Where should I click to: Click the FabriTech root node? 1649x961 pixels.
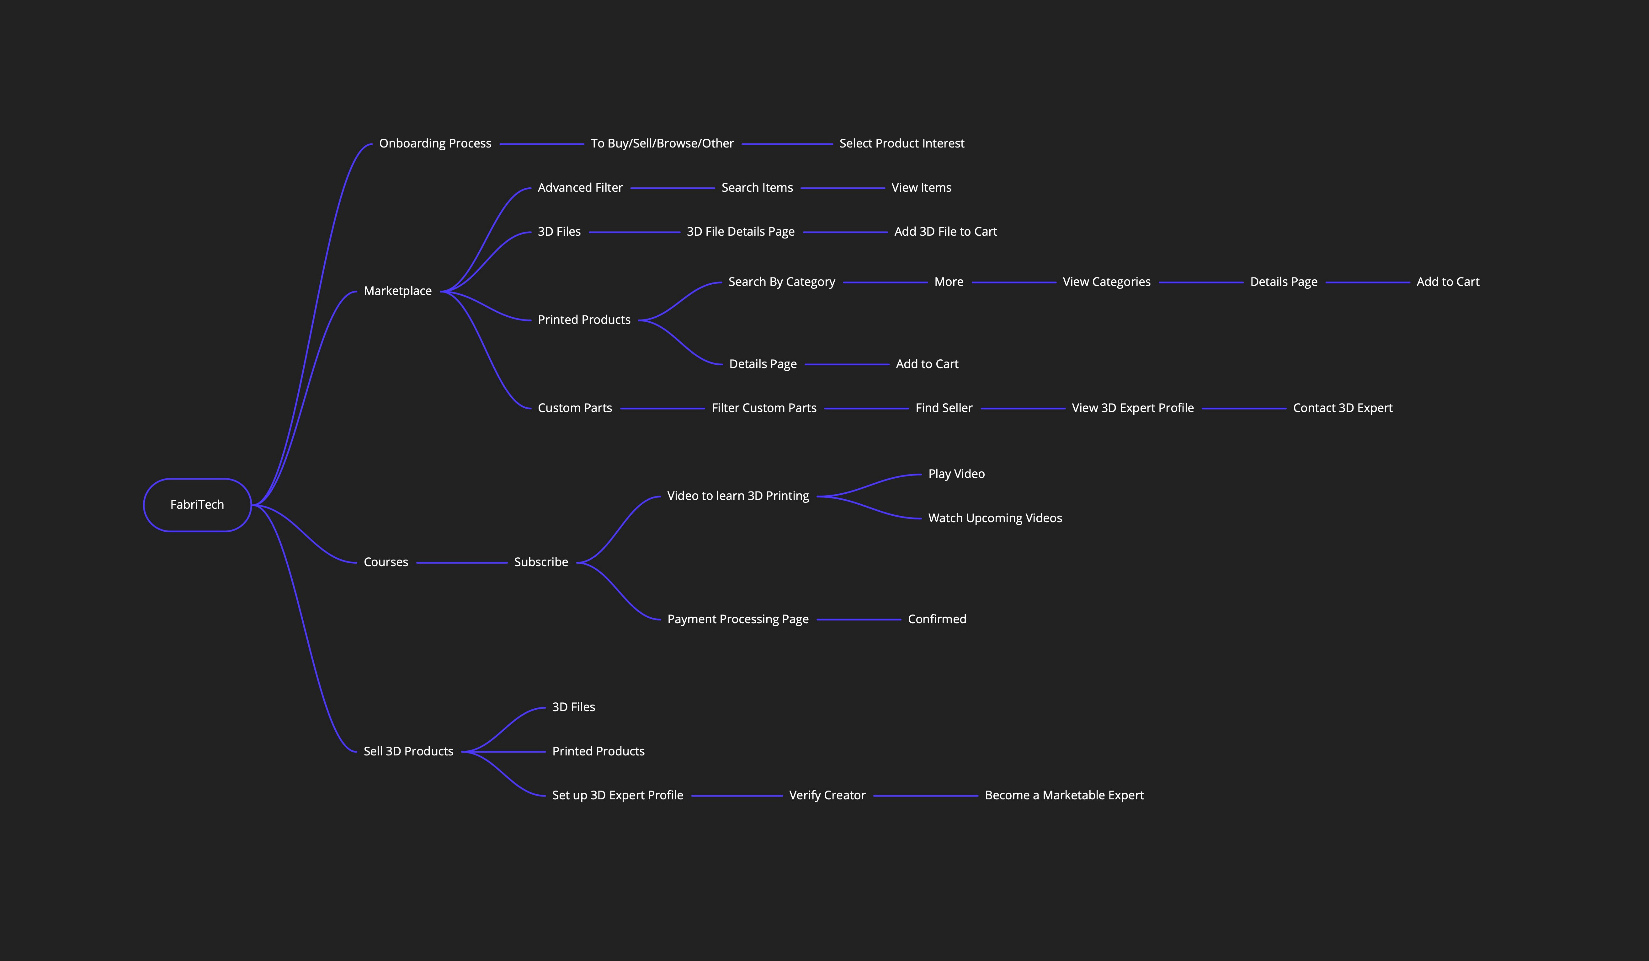click(197, 505)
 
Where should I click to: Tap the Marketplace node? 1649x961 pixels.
click(397, 291)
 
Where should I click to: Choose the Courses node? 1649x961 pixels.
click(386, 562)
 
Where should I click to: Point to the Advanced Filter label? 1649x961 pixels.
click(580, 188)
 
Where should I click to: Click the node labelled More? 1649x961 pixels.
click(948, 282)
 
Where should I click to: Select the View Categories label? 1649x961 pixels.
click(1106, 282)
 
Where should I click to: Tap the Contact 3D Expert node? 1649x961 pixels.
click(1342, 408)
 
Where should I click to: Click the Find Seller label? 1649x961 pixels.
click(944, 408)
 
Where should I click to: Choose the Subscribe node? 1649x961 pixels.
click(540, 562)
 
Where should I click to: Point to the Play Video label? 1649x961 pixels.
click(956, 474)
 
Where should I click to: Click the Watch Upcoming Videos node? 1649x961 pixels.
click(995, 518)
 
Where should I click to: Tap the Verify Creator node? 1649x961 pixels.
click(827, 795)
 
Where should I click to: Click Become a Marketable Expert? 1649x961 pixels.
click(1064, 795)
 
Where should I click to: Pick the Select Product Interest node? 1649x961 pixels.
click(901, 143)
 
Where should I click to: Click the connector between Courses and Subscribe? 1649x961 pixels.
click(461, 562)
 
